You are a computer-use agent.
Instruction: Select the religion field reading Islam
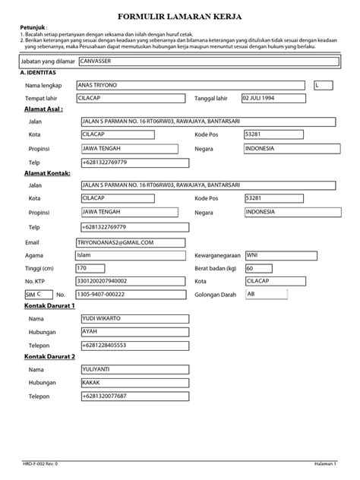[x=131, y=255]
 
